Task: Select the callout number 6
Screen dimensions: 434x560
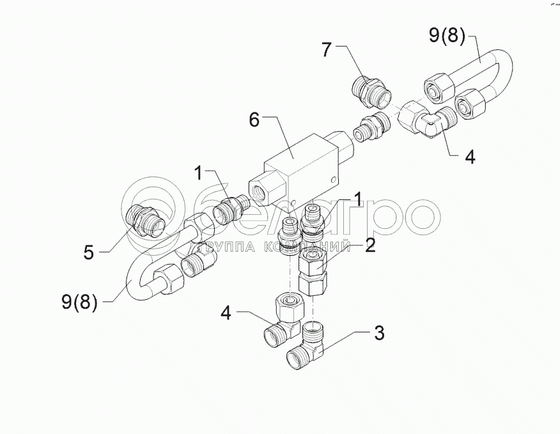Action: pos(255,120)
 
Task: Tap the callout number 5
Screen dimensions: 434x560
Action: pos(89,252)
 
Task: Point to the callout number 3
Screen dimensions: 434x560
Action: pos(379,333)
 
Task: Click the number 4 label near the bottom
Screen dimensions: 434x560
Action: pos(225,313)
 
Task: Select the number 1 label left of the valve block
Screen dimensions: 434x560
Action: pos(199,173)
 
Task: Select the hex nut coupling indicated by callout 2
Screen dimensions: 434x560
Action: pos(314,270)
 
